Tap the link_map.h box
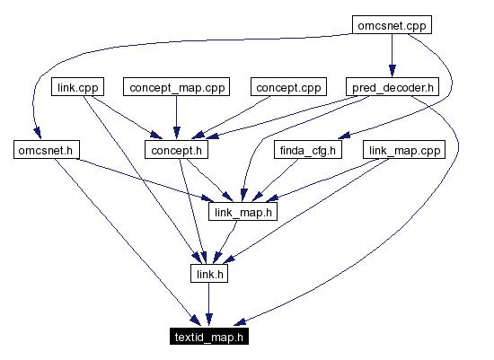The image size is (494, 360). (x=242, y=212)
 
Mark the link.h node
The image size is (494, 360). (x=208, y=274)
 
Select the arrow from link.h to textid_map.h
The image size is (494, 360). (x=208, y=305)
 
